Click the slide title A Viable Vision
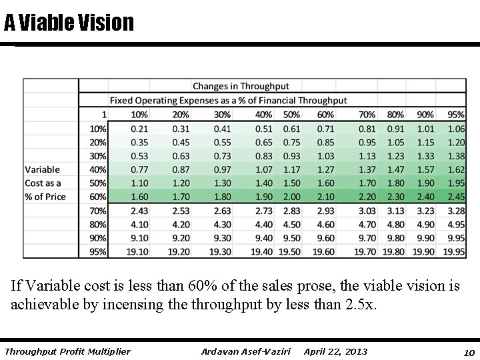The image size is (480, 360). click(69, 23)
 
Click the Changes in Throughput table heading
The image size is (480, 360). click(241, 86)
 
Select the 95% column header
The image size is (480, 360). click(456, 115)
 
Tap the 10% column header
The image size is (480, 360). click(139, 115)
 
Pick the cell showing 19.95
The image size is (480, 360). click(455, 252)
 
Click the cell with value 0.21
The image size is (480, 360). click(139, 128)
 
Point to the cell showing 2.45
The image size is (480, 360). click(456, 197)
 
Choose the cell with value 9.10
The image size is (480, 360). click(139, 238)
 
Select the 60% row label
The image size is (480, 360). click(97, 197)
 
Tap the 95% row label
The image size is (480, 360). click(97, 252)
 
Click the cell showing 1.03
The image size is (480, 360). click(325, 155)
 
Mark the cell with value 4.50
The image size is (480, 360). click(291, 224)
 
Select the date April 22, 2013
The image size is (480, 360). click(335, 351)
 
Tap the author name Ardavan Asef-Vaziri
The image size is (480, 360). click(246, 351)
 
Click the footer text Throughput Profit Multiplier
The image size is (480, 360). click(67, 351)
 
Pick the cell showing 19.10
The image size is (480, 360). click(139, 252)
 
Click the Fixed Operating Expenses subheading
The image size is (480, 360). click(229, 101)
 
